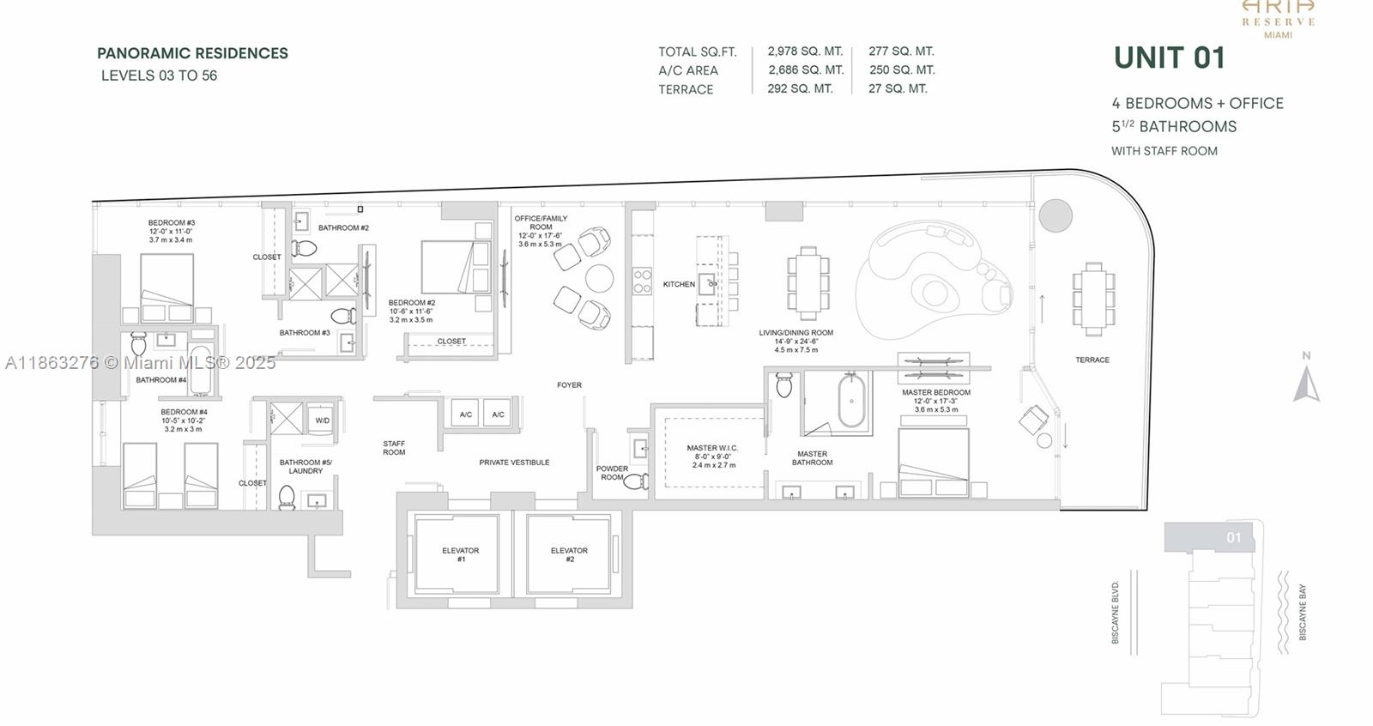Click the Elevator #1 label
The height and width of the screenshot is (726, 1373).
[461, 554]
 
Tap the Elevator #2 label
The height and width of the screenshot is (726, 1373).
[569, 554]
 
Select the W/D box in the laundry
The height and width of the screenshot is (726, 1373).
[322, 420]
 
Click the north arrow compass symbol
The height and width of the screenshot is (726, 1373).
[1306, 384]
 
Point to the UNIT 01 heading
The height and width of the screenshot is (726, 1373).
[1169, 57]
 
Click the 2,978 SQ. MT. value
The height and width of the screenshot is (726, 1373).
[805, 51]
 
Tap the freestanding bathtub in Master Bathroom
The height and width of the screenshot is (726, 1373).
[852, 400]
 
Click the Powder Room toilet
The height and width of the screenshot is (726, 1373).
[636, 481]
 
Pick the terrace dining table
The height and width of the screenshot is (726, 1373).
[1092, 298]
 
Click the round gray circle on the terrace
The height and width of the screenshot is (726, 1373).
[1055, 215]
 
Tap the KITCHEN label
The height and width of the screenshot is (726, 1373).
[678, 284]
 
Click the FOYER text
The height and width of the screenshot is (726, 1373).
[569, 385]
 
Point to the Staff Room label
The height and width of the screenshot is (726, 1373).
[394, 448]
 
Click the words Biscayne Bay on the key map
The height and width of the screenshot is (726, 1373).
[1302, 612]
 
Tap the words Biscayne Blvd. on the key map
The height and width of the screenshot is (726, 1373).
[1116, 612]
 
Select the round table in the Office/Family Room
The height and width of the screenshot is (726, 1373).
[599, 278]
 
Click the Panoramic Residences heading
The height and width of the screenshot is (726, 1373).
[192, 53]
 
